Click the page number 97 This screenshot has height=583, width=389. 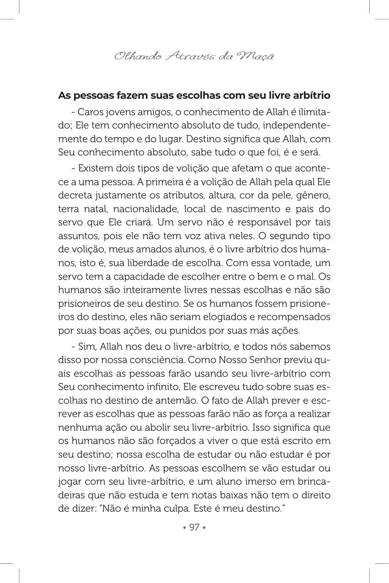point(194,527)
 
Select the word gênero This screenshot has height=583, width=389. point(314,196)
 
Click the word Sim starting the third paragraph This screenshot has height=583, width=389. point(86,347)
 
